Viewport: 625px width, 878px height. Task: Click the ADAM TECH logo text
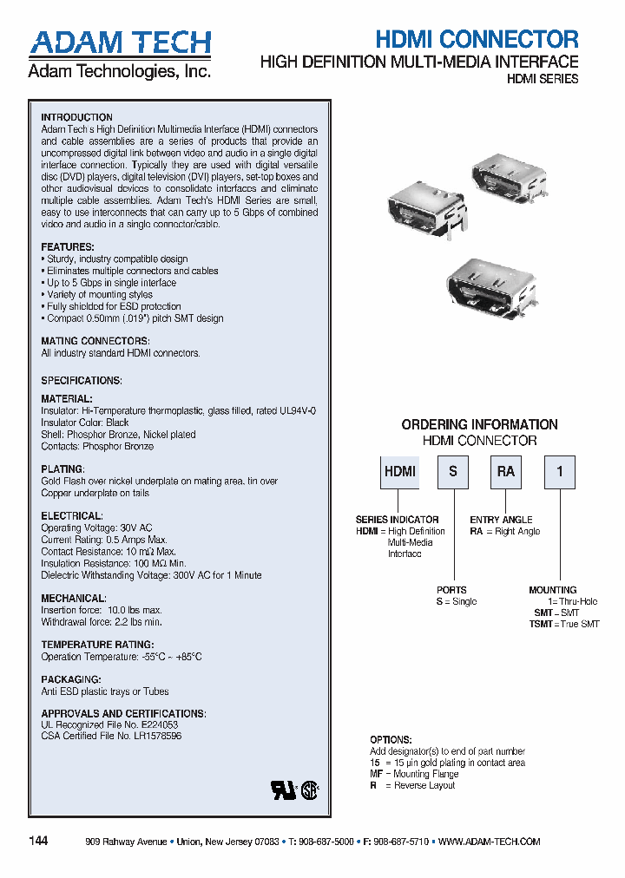(x=119, y=43)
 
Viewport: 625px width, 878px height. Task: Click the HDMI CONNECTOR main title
(x=477, y=39)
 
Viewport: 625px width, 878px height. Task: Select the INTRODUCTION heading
(x=76, y=117)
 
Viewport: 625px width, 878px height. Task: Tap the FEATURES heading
(x=67, y=247)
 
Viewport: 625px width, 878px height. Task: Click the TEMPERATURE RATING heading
(x=97, y=645)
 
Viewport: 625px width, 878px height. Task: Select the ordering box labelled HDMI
(x=399, y=472)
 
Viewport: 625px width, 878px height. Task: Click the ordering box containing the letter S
(x=452, y=472)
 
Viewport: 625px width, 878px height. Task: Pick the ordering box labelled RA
(x=505, y=472)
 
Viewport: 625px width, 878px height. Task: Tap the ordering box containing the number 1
(x=559, y=472)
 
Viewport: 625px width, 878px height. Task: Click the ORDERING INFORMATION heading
(x=479, y=424)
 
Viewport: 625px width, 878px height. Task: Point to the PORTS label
(x=451, y=590)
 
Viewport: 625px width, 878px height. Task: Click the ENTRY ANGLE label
(x=501, y=520)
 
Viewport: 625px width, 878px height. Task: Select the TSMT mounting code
(x=541, y=624)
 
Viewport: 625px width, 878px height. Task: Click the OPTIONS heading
(x=390, y=740)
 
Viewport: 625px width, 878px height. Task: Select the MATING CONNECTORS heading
(x=95, y=341)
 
